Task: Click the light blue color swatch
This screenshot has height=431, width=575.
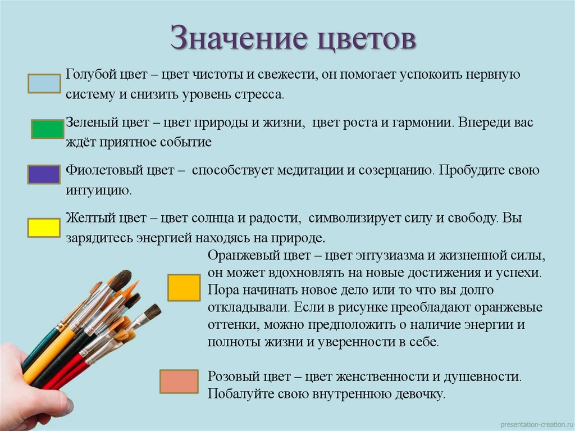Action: [x=44, y=84]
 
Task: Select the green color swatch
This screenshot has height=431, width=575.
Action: [x=47, y=129]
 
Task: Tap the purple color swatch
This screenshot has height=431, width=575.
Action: [x=44, y=175]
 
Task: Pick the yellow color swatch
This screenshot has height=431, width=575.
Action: [x=44, y=228]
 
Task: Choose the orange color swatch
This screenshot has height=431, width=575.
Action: [x=184, y=288]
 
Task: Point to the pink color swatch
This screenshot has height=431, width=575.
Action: [x=179, y=382]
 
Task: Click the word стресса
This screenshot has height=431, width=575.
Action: [x=261, y=94]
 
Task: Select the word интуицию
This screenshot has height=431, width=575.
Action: [x=98, y=190]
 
